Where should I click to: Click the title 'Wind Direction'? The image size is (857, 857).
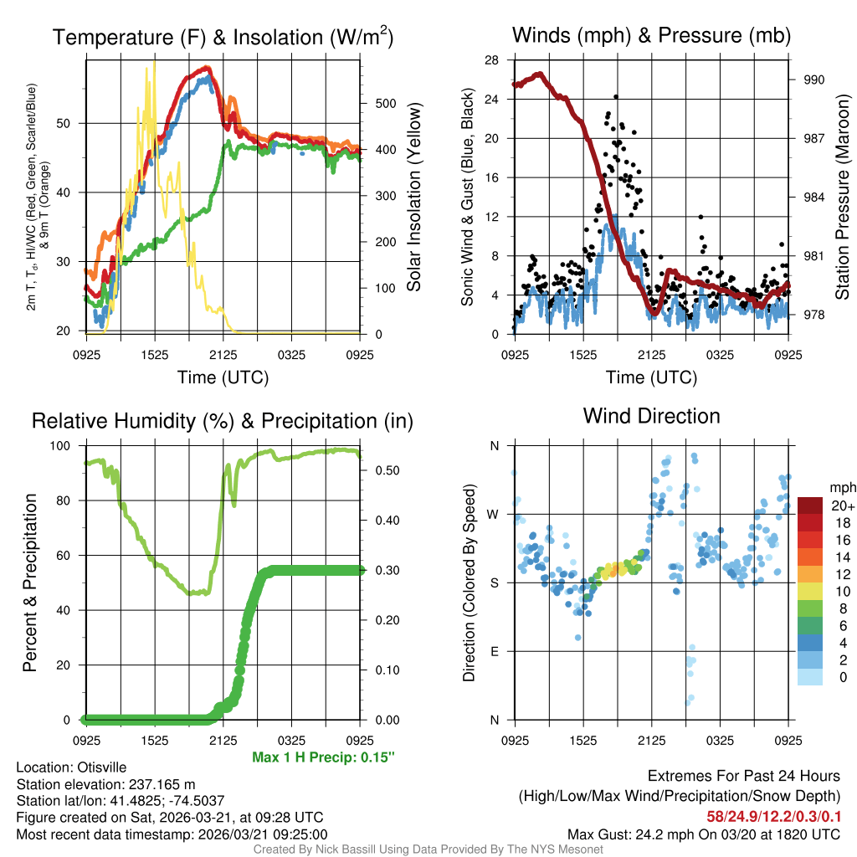coord(651,416)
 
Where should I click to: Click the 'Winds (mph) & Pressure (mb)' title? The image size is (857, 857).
coord(651,36)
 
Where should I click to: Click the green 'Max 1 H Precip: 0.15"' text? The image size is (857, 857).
coord(323,757)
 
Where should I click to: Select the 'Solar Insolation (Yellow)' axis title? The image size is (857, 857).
coord(414,198)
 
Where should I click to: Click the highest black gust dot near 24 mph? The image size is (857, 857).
coord(615,97)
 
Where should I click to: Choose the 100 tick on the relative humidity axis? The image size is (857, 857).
coord(68,446)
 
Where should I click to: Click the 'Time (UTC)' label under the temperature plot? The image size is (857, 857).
coord(223,377)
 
